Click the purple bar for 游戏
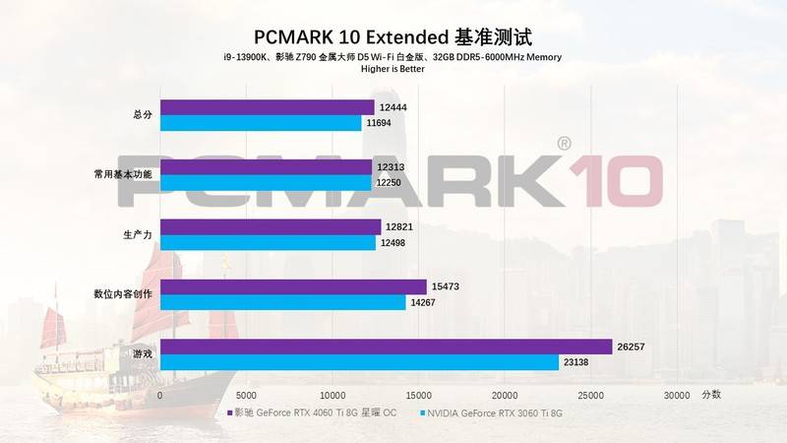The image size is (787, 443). point(387,347)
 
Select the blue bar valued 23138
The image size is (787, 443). point(360,362)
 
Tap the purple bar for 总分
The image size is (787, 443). point(268,106)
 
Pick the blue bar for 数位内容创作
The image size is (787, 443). point(283,302)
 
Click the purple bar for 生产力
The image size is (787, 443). point(271,227)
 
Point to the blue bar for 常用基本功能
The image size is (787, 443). point(266,183)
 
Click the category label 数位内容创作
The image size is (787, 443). point(122,293)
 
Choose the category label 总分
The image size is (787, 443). point(142,114)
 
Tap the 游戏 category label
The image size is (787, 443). point(142,353)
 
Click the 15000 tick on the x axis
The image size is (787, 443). point(418,394)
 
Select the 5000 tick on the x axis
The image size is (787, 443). point(246,394)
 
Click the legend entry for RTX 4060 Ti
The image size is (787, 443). point(316,413)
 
